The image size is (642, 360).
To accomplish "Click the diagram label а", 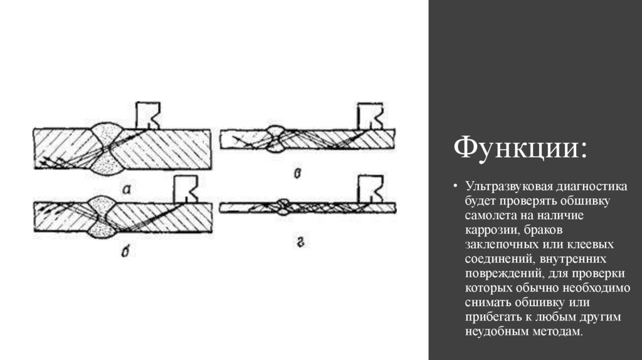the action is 127,189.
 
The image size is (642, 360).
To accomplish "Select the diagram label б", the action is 125,252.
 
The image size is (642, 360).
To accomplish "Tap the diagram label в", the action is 298,174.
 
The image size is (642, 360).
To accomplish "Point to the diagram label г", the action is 300,243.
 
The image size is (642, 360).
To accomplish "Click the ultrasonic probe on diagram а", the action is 148,115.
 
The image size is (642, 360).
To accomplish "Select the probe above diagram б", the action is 186,189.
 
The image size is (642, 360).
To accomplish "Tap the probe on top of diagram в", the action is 370,116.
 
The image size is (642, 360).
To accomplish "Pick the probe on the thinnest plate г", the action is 370,189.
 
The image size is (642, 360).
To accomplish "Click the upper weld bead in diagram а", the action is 106,135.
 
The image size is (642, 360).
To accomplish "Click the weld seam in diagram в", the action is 276,139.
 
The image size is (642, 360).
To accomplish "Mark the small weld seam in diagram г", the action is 283,207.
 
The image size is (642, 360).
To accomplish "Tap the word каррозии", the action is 489,230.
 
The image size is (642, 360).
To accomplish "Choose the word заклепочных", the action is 500,245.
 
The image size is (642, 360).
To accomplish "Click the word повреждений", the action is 504,273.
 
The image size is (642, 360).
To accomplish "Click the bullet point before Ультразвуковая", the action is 455,187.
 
